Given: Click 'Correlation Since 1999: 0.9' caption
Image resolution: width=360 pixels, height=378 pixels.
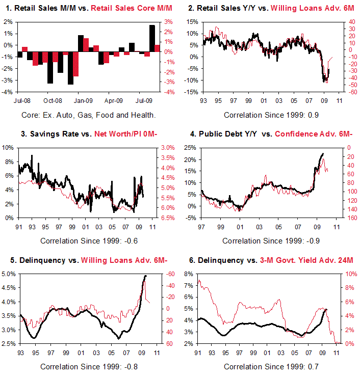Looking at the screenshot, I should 271,115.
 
